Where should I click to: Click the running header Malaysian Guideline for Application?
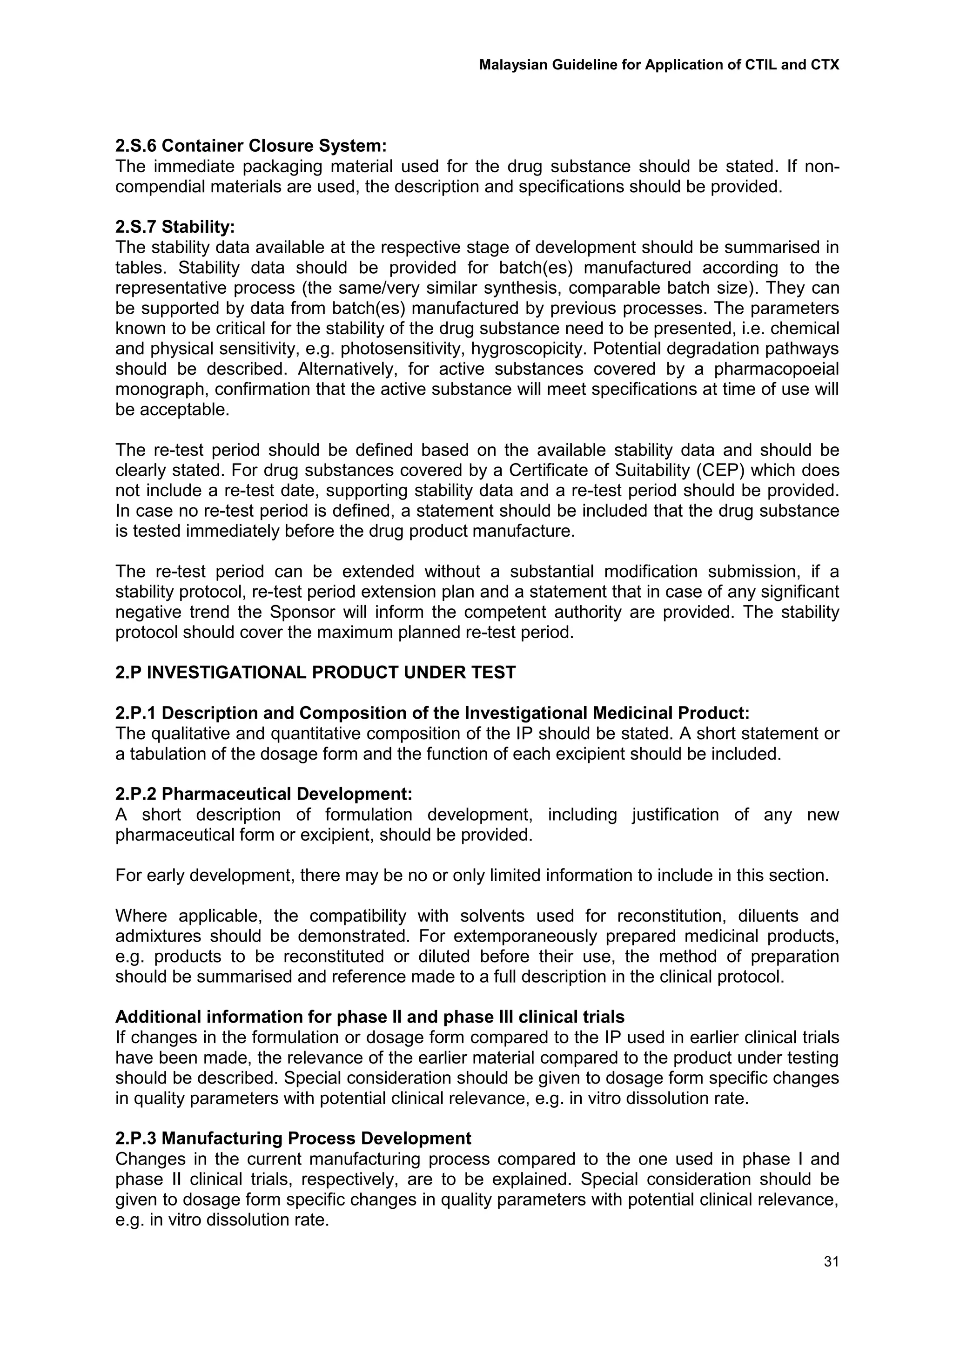[x=659, y=65]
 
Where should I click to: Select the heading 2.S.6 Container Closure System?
[x=251, y=146]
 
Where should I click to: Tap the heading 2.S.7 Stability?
[x=175, y=227]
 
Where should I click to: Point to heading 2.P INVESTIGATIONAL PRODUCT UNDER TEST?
[x=315, y=672]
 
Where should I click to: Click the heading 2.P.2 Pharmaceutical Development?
[x=263, y=794]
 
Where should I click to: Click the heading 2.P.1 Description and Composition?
[x=432, y=713]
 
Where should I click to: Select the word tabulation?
[x=161, y=753]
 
